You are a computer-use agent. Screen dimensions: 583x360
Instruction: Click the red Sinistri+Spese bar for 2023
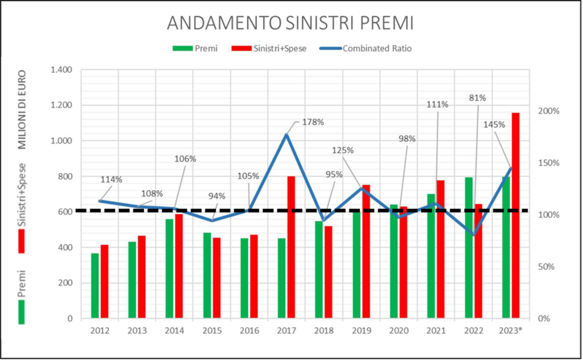click(515, 215)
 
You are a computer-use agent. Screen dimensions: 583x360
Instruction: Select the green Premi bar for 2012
click(95, 285)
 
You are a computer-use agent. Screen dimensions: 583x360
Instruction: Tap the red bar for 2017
click(291, 247)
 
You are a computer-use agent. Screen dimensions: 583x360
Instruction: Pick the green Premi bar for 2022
click(469, 248)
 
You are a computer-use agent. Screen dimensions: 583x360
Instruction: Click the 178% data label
click(313, 122)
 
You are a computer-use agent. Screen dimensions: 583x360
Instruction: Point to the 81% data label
click(477, 98)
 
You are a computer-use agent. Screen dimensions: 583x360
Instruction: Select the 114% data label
click(111, 179)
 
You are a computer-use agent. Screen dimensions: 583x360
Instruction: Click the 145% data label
click(494, 125)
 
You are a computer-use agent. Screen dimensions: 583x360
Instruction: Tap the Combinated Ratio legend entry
click(366, 48)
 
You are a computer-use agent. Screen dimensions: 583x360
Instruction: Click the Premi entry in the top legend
click(195, 48)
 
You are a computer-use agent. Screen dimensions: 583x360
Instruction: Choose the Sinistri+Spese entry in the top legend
click(269, 48)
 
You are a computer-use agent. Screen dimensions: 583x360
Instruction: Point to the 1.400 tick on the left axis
click(61, 70)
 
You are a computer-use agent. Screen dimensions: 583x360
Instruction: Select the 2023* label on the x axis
click(511, 330)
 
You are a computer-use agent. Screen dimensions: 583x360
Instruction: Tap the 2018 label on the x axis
click(324, 330)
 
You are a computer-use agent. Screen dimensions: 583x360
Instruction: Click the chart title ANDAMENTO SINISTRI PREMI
click(290, 23)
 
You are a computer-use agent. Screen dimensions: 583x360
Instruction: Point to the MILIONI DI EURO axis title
click(22, 110)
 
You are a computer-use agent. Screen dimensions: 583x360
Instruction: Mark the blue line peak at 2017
click(286, 134)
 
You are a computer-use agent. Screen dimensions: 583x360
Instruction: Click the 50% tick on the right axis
click(546, 267)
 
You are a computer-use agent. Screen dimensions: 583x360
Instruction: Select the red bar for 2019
click(366, 251)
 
